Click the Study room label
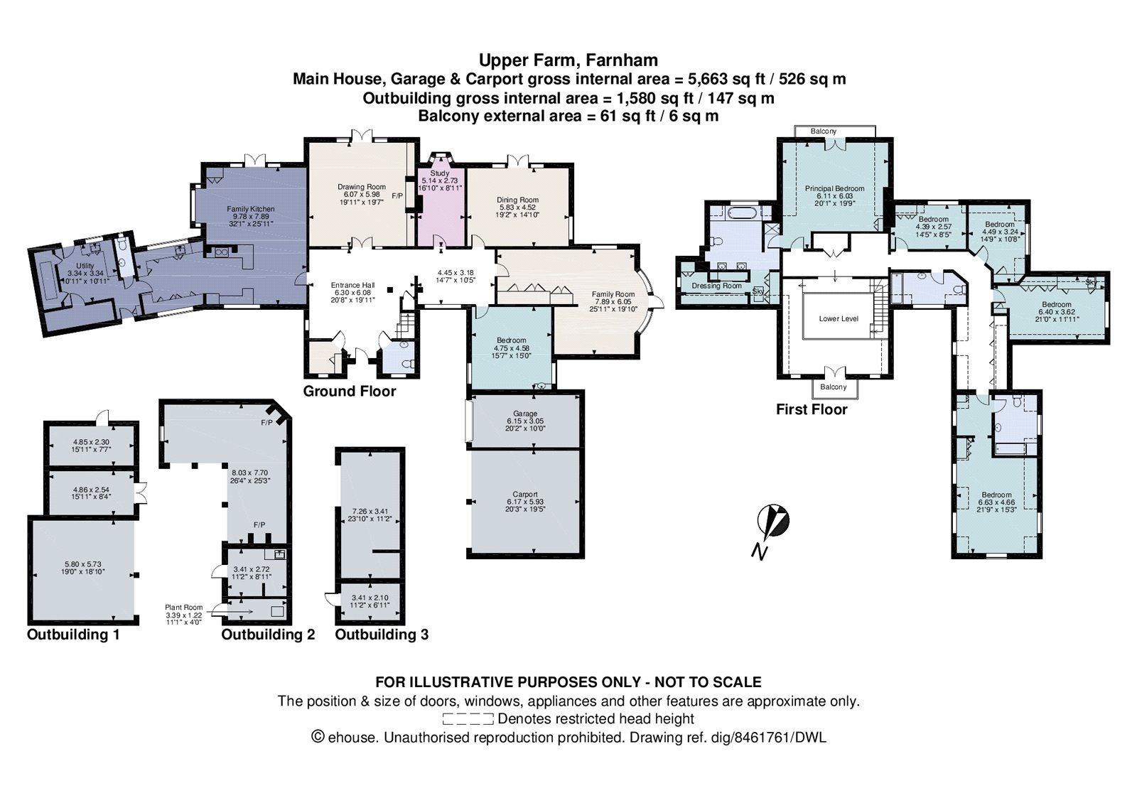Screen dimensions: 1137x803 (x=440, y=173)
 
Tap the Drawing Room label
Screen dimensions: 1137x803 (x=362, y=187)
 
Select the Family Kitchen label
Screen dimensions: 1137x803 (x=251, y=209)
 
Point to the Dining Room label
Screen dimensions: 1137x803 (x=518, y=200)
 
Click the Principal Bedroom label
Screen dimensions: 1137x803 (x=834, y=188)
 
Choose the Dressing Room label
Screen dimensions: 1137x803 (x=717, y=286)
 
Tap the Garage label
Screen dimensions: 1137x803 (x=525, y=414)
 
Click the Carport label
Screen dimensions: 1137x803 (x=525, y=494)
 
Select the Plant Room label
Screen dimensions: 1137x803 (x=184, y=607)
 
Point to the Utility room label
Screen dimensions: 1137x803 (x=85, y=266)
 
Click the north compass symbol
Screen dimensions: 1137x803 (x=773, y=522)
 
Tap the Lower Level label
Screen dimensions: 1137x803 (x=839, y=319)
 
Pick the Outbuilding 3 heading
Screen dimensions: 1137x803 (x=382, y=635)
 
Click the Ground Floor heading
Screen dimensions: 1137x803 (x=349, y=392)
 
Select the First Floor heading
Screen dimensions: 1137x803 (x=812, y=409)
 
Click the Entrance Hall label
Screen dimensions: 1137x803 (x=352, y=285)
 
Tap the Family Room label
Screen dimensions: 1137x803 (x=613, y=294)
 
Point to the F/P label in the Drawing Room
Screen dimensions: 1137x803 (x=397, y=195)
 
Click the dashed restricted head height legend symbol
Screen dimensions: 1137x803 (x=468, y=719)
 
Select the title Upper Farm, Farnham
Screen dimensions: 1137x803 (x=568, y=60)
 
